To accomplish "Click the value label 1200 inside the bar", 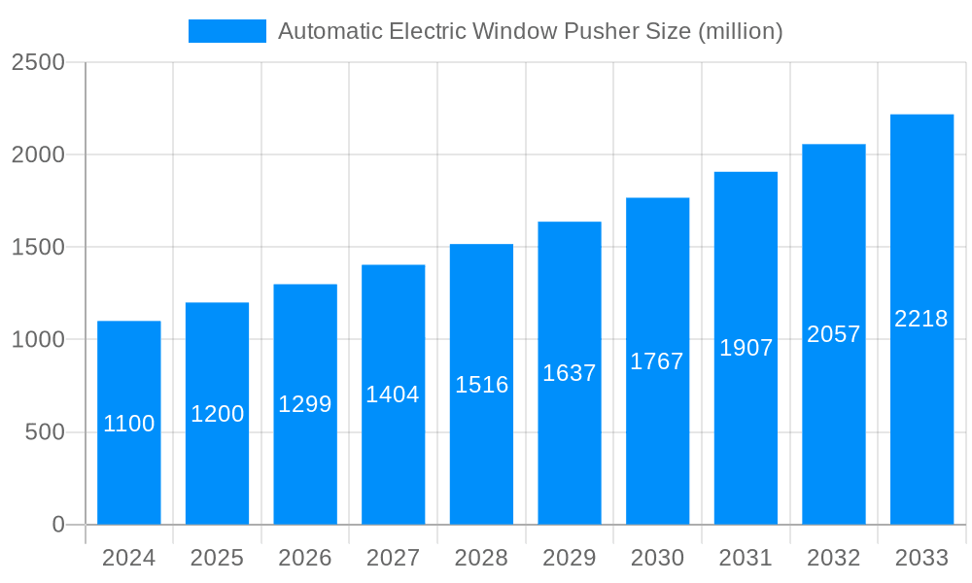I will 217,414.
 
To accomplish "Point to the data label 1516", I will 481,385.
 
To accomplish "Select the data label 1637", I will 570,373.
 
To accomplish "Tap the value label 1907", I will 746,348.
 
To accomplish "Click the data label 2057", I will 834,334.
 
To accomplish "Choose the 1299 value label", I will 305,404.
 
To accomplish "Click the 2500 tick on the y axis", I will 38,62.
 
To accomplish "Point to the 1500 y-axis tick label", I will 38,247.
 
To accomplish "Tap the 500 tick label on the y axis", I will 44,432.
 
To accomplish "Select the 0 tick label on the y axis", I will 57,525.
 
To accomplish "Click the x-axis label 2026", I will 305,558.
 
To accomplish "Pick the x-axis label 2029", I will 570,558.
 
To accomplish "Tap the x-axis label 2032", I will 834,558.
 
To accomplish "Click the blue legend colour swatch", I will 226,31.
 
